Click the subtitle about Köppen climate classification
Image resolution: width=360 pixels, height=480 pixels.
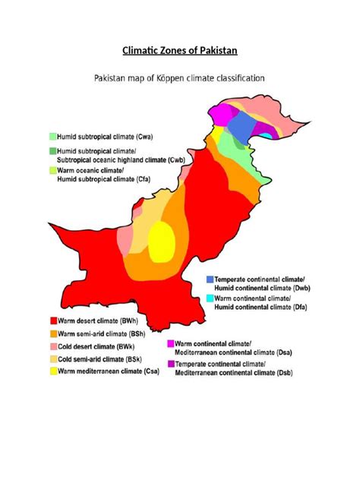(179, 77)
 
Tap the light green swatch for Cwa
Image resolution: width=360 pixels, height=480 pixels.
(52, 137)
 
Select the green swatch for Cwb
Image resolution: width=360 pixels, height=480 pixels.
(52, 151)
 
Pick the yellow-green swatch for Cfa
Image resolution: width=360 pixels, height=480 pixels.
(52, 172)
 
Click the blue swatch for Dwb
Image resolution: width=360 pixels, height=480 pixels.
(209, 279)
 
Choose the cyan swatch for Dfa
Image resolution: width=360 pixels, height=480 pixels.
(209, 299)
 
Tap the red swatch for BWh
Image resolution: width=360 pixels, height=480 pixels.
(52, 321)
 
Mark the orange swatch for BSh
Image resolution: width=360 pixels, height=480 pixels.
(52, 333)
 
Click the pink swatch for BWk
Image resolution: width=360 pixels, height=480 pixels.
(52, 346)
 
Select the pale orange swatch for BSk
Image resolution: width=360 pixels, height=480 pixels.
(52, 358)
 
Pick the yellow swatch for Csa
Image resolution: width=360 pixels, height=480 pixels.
(52, 371)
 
